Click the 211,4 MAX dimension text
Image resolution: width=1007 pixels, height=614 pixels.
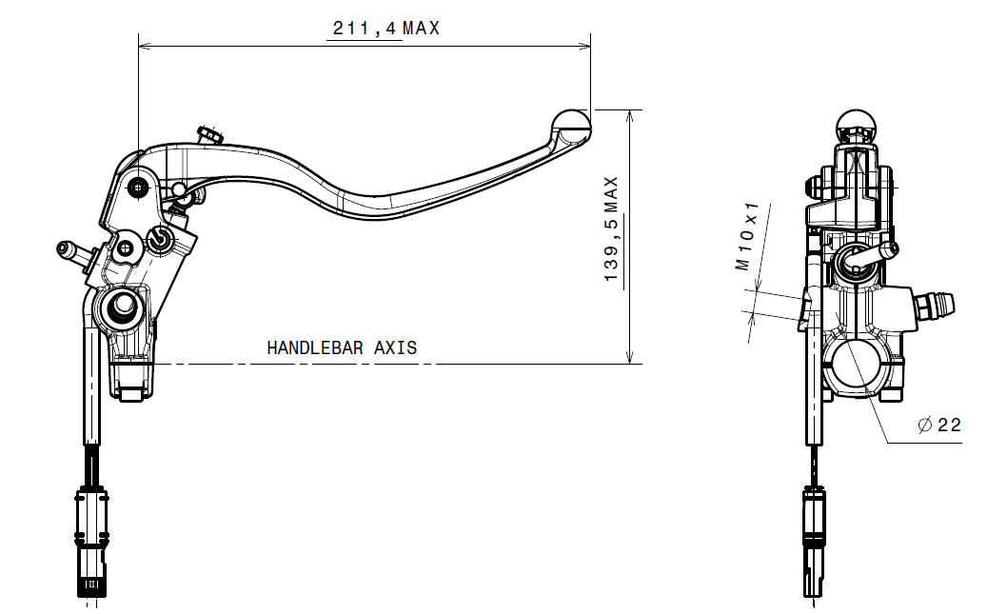[386, 29]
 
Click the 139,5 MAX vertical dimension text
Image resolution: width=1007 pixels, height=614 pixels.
[611, 228]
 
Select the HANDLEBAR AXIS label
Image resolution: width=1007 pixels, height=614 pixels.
[342, 348]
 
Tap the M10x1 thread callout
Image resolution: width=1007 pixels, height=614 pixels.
[747, 236]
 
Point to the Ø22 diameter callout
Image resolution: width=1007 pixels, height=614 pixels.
[939, 426]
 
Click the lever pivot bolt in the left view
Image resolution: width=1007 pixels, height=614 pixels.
[138, 188]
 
